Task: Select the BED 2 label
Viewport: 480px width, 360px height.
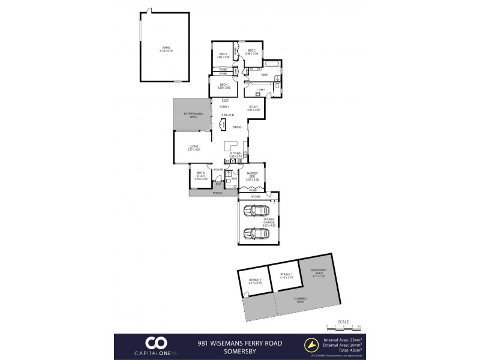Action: tap(251, 50)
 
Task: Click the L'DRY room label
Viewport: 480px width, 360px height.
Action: tap(261, 89)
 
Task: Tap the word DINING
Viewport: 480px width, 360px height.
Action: tap(238, 127)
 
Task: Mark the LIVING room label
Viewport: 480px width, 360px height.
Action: tap(194, 146)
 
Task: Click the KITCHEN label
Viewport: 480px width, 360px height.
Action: tap(235, 154)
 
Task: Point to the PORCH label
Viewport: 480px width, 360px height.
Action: tap(217, 193)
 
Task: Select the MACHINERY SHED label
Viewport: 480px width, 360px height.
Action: tap(317, 273)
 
